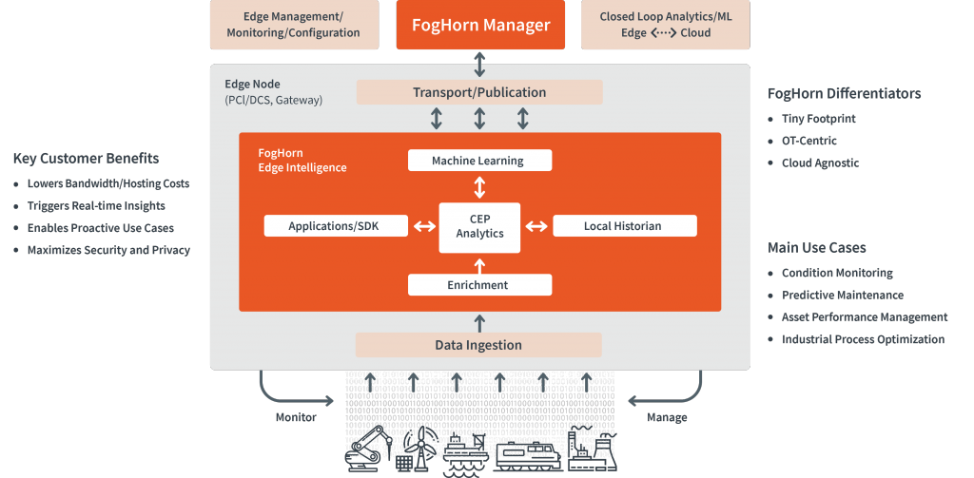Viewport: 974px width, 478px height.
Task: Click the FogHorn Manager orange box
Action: pos(480,25)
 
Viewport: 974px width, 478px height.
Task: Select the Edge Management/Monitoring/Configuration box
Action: pos(293,25)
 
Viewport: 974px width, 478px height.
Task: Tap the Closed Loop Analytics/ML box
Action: pos(665,25)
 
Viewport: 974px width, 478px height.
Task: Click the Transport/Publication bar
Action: pos(479,92)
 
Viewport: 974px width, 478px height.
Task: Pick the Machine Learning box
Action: pos(479,161)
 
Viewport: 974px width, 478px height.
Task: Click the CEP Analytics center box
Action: pos(479,227)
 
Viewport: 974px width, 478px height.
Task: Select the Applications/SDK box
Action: pos(335,226)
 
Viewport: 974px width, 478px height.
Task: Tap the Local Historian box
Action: pos(624,226)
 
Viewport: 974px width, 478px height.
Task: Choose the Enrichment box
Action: pos(479,285)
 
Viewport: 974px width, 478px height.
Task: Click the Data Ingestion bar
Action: pos(479,345)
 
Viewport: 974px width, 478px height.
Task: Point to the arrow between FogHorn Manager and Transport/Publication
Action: pos(479,65)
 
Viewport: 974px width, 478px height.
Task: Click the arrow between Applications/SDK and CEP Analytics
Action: pos(422,226)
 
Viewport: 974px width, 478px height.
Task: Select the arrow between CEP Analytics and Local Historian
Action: pos(536,226)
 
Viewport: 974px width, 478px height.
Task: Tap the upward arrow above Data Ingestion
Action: pos(479,322)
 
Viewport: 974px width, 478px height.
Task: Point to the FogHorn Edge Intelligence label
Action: pos(302,160)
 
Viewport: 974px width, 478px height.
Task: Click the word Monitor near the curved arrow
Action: pos(296,417)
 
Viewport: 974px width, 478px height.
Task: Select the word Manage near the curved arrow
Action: pos(667,417)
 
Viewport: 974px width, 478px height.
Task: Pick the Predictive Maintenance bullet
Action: pos(842,296)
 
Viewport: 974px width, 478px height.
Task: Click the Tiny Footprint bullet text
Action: pos(818,119)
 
